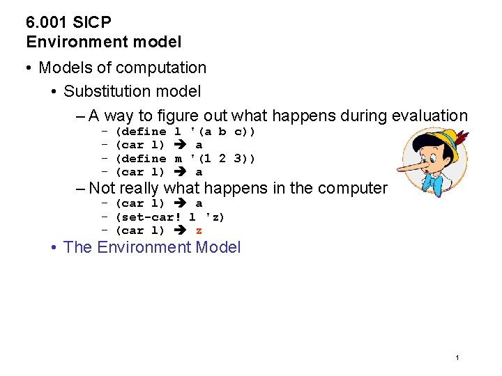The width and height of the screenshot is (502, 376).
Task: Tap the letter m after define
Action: click(178, 159)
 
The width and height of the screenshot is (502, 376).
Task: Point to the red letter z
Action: click(199, 231)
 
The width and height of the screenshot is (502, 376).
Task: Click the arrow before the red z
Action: click(180, 231)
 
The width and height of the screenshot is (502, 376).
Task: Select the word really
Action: click(139, 188)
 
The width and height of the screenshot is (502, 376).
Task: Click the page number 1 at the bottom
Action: click(457, 357)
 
